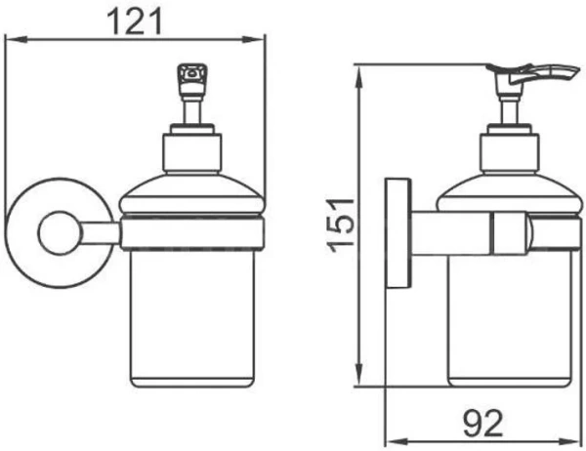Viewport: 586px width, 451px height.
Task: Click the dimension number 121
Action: [135, 21]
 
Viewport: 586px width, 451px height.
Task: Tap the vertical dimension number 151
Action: [340, 225]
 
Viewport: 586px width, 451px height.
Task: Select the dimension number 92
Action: [482, 424]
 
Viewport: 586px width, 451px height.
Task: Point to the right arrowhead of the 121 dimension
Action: [254, 39]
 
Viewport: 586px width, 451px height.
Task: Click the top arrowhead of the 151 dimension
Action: [359, 76]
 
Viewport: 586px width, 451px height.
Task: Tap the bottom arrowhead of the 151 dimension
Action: [359, 375]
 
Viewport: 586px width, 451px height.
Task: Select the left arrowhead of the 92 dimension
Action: [397, 441]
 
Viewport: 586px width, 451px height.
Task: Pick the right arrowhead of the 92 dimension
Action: [569, 441]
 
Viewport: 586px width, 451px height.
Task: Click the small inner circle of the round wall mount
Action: [60, 232]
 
